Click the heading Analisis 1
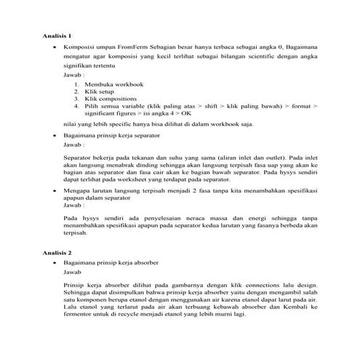56,35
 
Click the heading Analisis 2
56,252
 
